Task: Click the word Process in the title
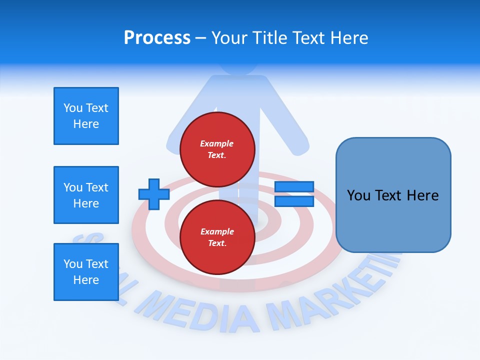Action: (157, 38)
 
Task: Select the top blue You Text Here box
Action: (86, 116)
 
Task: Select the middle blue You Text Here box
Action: (86, 195)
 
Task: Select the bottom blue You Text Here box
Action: (86, 272)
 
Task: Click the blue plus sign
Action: (154, 194)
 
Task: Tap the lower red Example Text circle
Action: (217, 237)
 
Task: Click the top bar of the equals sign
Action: (294, 187)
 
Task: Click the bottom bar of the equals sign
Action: (294, 201)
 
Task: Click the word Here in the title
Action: (350, 38)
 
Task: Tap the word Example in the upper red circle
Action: (216, 143)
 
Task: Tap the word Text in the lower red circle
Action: (216, 243)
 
